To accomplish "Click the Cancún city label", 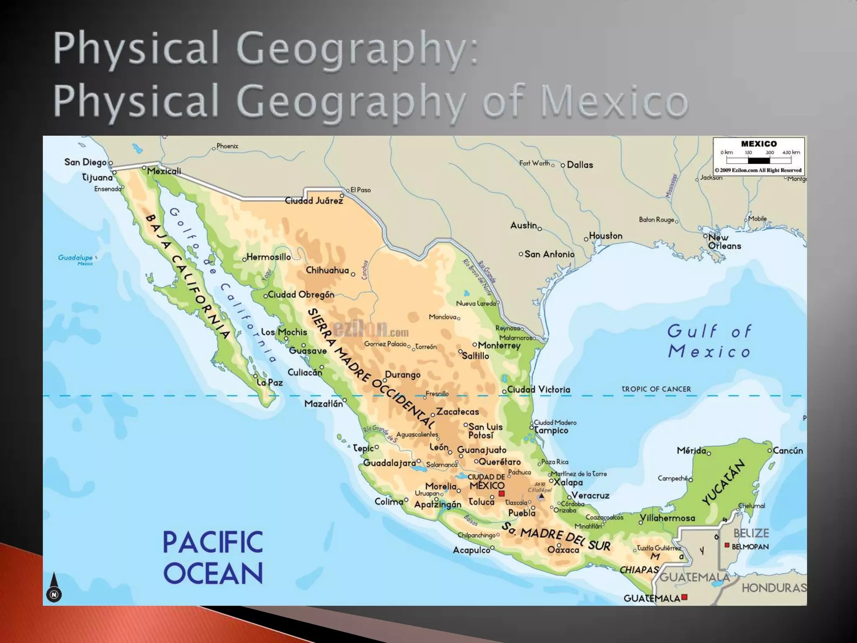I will coord(788,450).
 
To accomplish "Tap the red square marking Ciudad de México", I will coord(502,494).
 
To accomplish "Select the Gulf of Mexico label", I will coord(709,342).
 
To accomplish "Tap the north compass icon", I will coord(54,588).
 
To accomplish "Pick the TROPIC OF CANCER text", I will coord(656,389).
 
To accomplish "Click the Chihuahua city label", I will coord(327,270).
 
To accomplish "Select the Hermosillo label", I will coord(268,257).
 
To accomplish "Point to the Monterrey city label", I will coord(499,345).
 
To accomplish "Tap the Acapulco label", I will coord(471,550).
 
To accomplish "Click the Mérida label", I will coord(691,450).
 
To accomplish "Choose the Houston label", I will coord(606,236).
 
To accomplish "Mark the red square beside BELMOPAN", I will coord(727,545).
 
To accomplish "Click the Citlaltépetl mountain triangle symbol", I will coord(541,496).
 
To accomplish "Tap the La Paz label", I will coord(270,382).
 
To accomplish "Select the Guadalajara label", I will coord(389,463).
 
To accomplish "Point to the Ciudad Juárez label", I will coord(314,201).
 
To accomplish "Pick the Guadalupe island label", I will coord(75,258).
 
